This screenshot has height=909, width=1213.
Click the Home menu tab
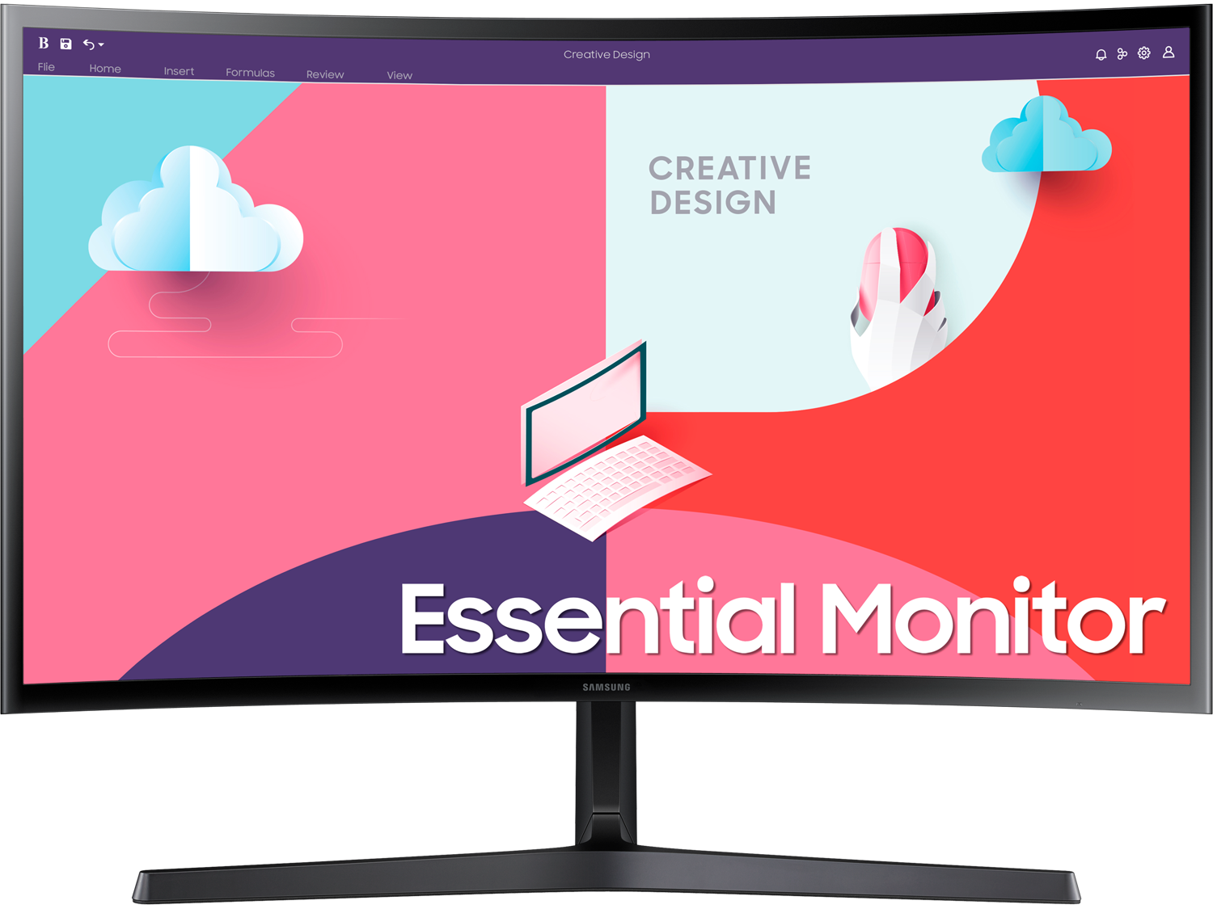(x=105, y=69)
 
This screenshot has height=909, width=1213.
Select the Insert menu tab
(x=179, y=71)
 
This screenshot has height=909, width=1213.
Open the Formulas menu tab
(x=250, y=73)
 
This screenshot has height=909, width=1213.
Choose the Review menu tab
(x=325, y=74)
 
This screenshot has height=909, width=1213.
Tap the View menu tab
(x=399, y=76)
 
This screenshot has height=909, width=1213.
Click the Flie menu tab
(x=46, y=67)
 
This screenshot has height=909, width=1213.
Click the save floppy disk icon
(x=66, y=44)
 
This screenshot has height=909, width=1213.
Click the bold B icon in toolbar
(x=44, y=43)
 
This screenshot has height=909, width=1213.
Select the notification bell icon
(x=1101, y=54)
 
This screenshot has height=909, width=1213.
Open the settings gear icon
(x=1144, y=53)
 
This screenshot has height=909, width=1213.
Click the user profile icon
(x=1169, y=53)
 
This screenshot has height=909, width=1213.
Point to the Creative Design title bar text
(x=606, y=55)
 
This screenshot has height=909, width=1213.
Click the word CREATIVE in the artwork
(x=729, y=168)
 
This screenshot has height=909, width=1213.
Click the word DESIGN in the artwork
(x=713, y=202)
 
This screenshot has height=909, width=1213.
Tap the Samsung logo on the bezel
(x=606, y=687)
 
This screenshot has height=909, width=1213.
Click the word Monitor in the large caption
(x=993, y=618)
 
